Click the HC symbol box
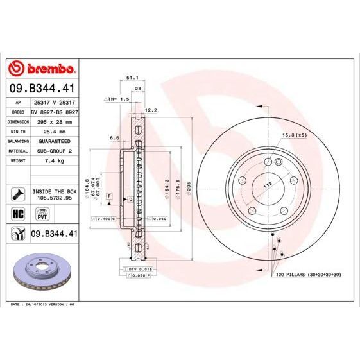coord(18,213)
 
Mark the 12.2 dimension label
coord(151,110)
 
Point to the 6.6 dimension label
coord(114,138)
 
